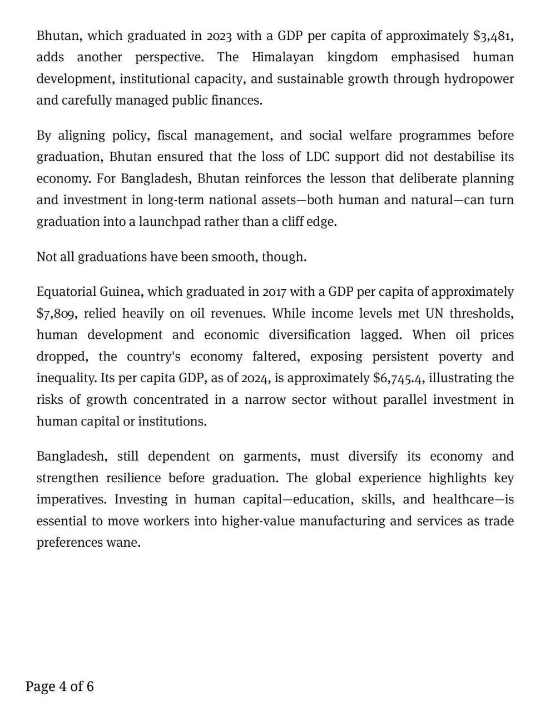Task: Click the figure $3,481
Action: pyautogui.click(x=492, y=36)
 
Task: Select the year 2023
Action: pyautogui.click(x=219, y=36)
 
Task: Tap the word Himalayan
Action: pyautogui.click(x=283, y=57)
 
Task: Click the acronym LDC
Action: pyautogui.click(x=318, y=157)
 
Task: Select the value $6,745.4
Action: pyautogui.click(x=399, y=378)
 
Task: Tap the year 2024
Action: pyautogui.click(x=255, y=378)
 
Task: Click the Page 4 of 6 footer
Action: pyautogui.click(x=60, y=686)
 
